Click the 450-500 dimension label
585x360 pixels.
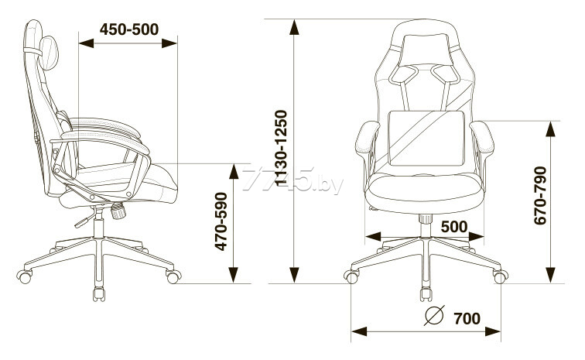coord(129,29)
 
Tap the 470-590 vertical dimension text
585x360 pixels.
coord(221,221)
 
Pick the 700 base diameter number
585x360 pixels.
coord(467,318)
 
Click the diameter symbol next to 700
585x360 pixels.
coord(436,317)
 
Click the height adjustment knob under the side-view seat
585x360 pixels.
coord(118,210)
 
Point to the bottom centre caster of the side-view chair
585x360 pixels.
coord(98,294)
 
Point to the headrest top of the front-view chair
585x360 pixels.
coord(424,28)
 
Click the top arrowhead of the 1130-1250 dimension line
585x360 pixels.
coord(294,28)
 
